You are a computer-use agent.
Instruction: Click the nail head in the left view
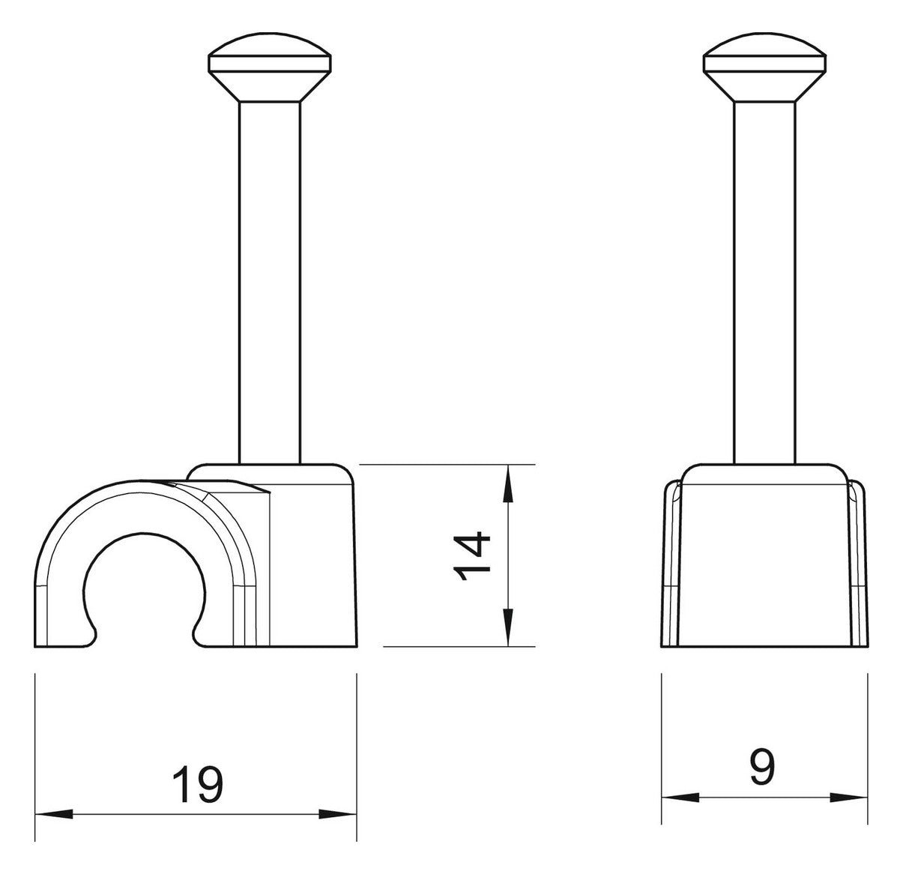[270, 67]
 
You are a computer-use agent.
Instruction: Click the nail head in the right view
[764, 67]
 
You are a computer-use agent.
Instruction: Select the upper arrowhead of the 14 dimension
[508, 483]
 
